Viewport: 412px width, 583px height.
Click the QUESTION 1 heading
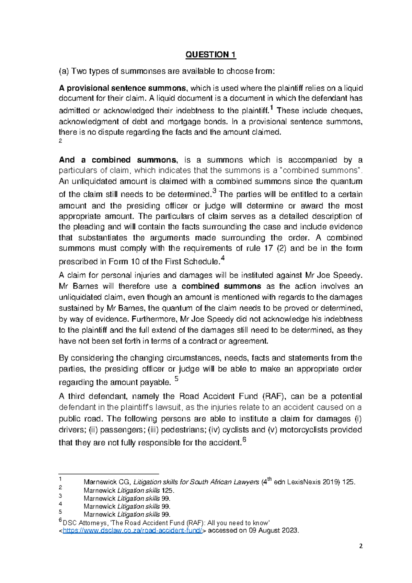210,55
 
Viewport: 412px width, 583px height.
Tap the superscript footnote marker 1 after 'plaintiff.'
272,108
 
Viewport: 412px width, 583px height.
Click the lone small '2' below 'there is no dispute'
60,141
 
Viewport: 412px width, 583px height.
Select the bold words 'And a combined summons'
118,160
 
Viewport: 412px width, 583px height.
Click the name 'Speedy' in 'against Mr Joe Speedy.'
348,275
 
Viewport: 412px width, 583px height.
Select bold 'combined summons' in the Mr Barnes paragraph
221,286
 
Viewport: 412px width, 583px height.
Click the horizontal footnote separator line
108,473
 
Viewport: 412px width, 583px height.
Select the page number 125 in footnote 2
168,491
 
